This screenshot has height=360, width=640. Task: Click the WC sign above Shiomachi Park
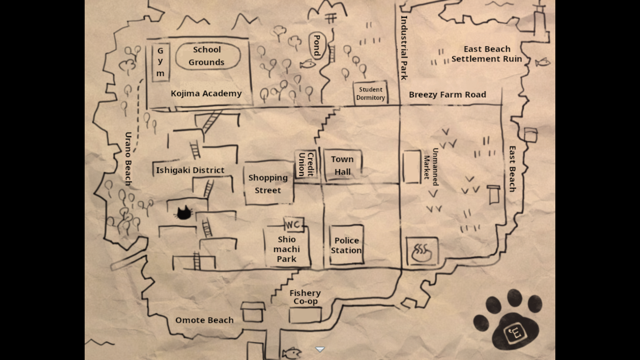(294, 225)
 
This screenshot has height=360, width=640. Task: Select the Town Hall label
(342, 166)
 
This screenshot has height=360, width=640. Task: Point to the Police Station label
(346, 245)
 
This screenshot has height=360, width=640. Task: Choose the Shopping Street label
(268, 184)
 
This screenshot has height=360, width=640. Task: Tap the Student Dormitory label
(371, 94)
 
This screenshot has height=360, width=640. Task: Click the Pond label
(316, 46)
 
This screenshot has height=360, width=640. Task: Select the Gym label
(160, 62)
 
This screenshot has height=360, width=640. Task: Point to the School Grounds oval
(207, 56)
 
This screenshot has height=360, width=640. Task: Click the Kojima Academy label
(206, 94)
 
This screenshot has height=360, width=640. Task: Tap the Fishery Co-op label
(305, 297)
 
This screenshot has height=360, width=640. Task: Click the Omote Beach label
(204, 320)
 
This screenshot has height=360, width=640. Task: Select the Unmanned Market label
(431, 167)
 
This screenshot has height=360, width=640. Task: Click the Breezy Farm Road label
(447, 95)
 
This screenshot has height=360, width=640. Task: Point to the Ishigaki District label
(190, 170)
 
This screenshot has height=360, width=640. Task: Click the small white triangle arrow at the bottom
(320, 349)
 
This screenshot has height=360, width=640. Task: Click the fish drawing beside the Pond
(308, 64)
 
